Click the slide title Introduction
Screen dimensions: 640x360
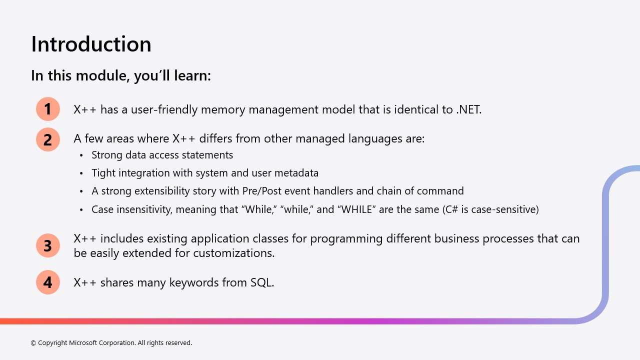click(91, 44)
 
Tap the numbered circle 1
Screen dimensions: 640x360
click(48, 109)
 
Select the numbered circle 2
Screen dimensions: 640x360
click(48, 139)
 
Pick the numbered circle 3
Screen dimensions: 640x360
click(48, 245)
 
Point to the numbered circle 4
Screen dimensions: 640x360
click(48, 282)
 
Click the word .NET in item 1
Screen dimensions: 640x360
click(469, 109)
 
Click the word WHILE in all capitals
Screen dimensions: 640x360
click(357, 209)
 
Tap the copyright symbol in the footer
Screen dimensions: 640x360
click(33, 343)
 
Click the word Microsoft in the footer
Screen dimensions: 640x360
click(83, 342)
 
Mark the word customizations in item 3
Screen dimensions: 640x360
click(233, 253)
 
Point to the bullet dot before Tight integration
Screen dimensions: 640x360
click(81, 173)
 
